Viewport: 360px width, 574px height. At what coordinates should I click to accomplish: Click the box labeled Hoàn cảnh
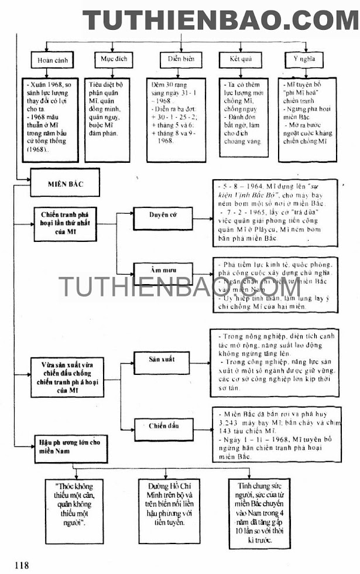click(49, 60)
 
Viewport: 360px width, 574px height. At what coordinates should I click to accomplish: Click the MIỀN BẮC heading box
click(66, 183)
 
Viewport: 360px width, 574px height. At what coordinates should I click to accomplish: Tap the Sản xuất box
click(161, 360)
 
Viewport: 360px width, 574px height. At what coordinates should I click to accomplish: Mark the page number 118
click(22, 565)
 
